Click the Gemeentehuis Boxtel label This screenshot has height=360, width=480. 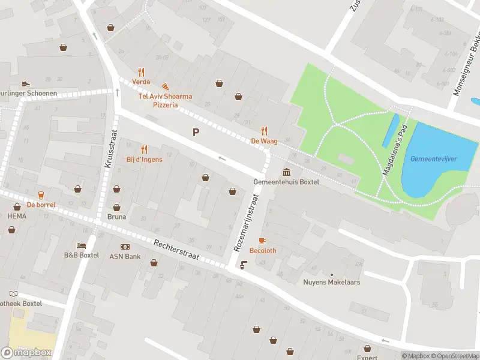[x=286, y=182]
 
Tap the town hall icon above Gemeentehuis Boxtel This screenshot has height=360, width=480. [x=286, y=172]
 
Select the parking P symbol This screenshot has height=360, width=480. [x=195, y=132]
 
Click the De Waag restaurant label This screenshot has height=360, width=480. [x=264, y=141]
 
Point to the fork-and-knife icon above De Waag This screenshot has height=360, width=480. [x=264, y=131]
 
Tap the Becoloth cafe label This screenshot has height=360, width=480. [x=263, y=250]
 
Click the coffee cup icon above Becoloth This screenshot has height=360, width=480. [x=263, y=241]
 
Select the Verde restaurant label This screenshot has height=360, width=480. [x=142, y=82]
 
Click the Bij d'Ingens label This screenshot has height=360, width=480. [x=144, y=160]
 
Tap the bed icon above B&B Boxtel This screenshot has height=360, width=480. [x=81, y=246]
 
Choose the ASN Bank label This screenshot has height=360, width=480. [x=125, y=256]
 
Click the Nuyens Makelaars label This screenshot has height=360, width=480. [x=331, y=282]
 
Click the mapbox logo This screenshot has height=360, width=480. [x=27, y=353]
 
